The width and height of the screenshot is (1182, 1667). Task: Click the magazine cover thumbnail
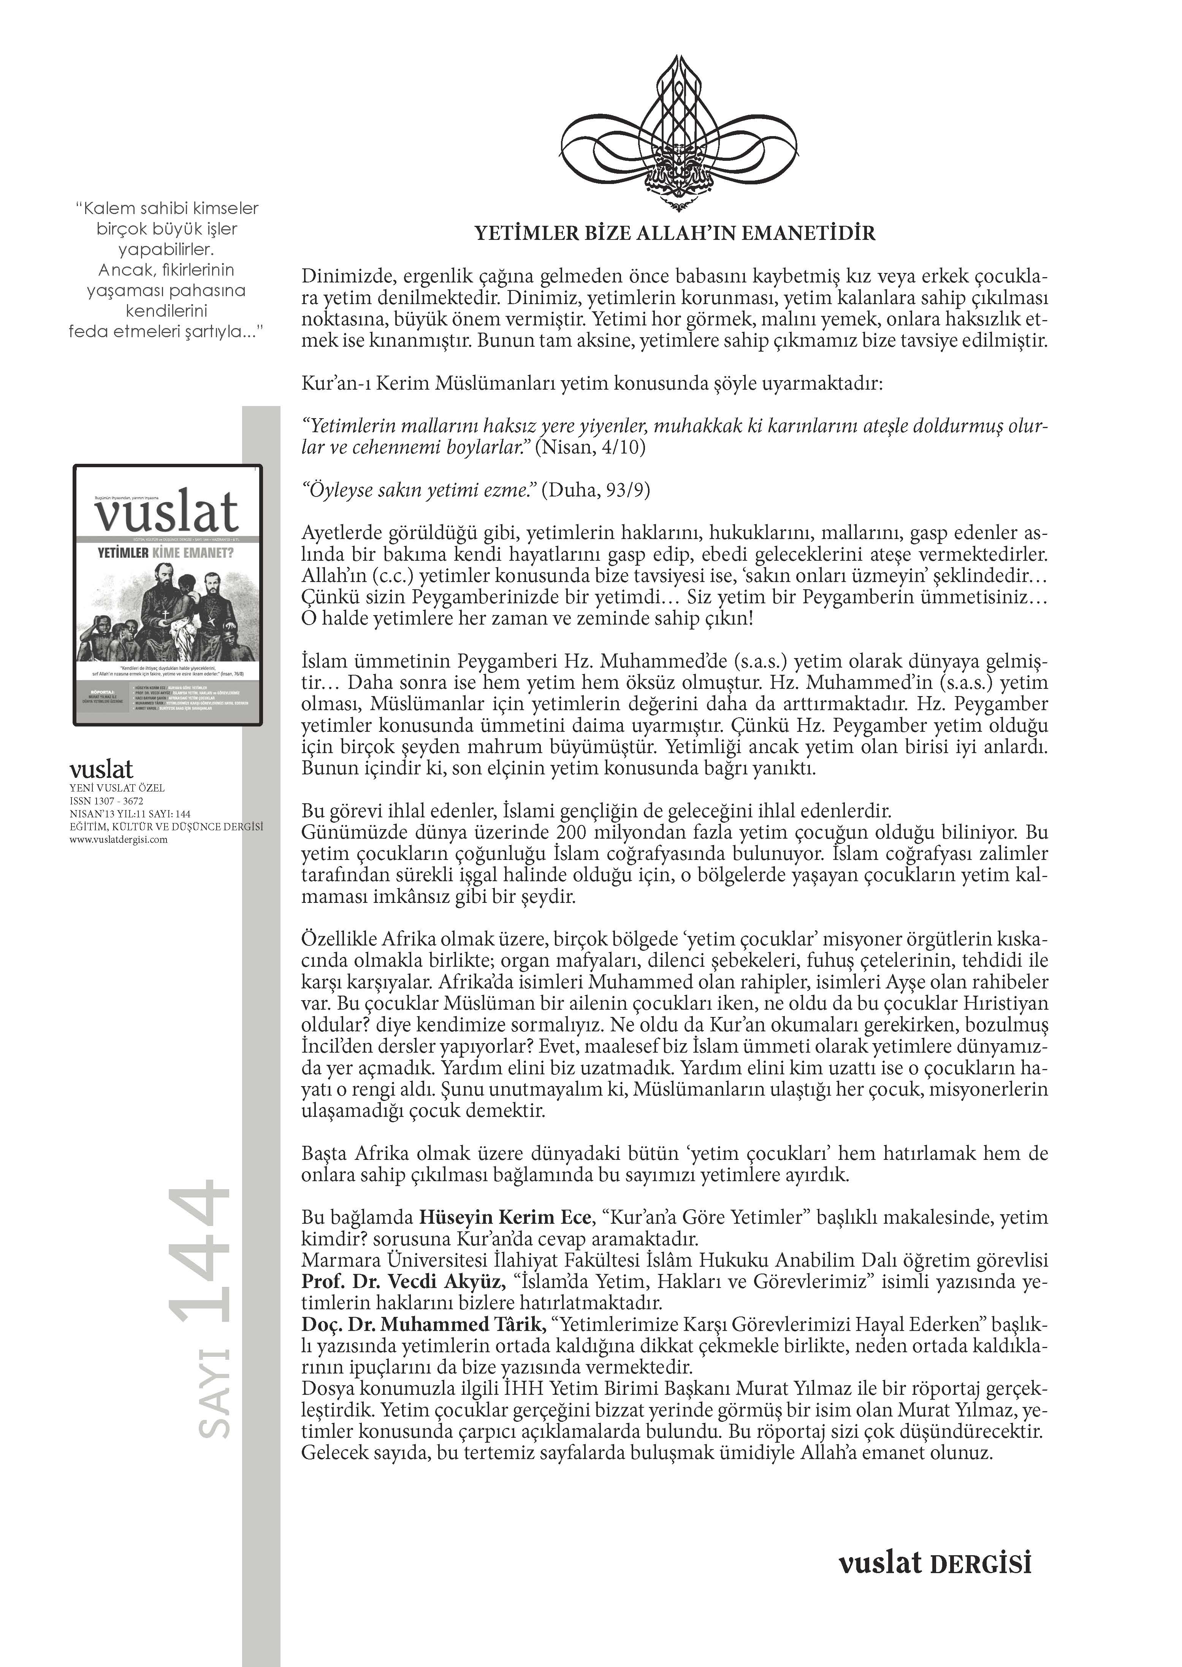pyautogui.click(x=168, y=595)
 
